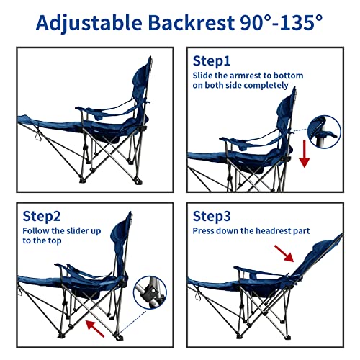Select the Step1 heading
pyautogui.click(x=213, y=60)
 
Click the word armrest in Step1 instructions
pyautogui.click(x=243, y=75)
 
